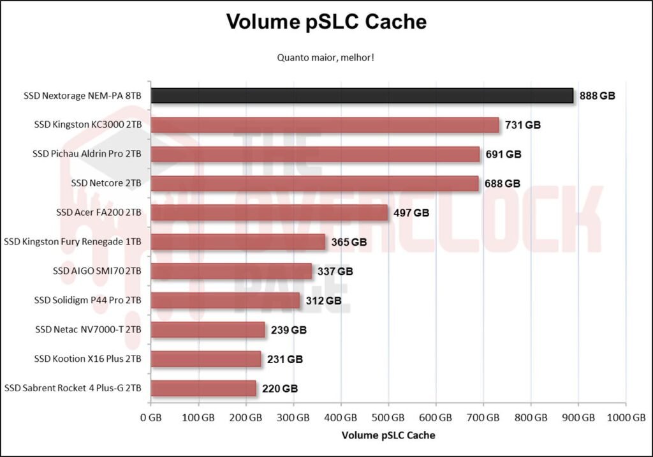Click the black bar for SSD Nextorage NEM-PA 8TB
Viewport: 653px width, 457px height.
coord(362,96)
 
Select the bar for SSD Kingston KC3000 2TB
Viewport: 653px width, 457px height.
coord(325,125)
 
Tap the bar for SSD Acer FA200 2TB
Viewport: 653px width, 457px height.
coord(269,213)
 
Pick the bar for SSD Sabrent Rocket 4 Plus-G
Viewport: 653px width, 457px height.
coord(203,388)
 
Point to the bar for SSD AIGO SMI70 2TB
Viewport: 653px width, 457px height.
coord(231,271)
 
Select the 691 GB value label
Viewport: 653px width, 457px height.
coord(503,154)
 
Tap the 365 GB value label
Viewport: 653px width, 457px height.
coord(349,243)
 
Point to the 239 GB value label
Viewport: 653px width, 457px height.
coord(289,330)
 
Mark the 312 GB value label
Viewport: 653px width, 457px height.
coord(323,301)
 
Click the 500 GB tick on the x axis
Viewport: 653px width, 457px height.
coord(388,418)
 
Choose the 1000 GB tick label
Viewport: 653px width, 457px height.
coord(626,418)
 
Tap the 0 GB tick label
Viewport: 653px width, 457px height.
coord(150,418)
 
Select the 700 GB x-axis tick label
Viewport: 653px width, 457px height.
coord(483,418)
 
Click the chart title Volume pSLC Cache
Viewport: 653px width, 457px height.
coord(326,22)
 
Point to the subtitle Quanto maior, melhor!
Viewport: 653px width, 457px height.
coord(325,57)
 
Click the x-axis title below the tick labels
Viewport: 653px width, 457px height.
coord(388,435)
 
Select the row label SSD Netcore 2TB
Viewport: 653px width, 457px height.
coord(106,183)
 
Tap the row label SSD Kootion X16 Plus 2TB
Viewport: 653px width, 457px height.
coord(88,359)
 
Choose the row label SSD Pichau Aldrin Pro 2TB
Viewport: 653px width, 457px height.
coord(87,154)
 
